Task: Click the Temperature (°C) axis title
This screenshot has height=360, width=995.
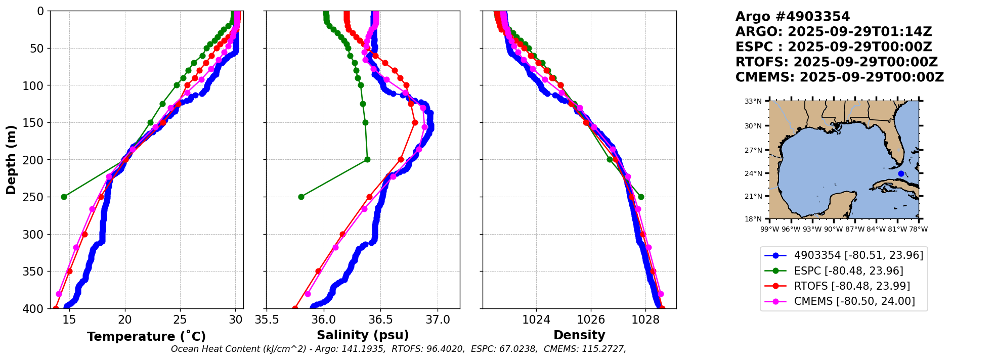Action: click(146, 337)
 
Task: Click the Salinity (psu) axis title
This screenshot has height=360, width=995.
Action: click(363, 335)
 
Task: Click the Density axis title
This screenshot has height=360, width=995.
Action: click(579, 335)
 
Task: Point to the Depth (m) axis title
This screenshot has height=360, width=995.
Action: click(11, 160)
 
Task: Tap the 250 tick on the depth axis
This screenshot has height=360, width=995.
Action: click(37, 197)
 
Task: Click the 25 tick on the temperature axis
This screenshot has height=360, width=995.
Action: click(180, 320)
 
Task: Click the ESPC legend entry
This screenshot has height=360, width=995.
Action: click(848, 271)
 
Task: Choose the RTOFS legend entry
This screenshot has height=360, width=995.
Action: click(852, 286)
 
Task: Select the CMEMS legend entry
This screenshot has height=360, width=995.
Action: click(854, 301)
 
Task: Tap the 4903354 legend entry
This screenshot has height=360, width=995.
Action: click(858, 255)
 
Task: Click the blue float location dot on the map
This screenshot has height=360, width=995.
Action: click(901, 173)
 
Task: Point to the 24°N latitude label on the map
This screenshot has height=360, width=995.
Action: click(753, 173)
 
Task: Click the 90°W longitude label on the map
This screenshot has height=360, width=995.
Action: click(834, 229)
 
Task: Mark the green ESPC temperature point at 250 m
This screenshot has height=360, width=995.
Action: click(64, 197)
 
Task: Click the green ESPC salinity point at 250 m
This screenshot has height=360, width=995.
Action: click(301, 197)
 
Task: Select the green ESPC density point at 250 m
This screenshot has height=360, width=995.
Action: click(641, 197)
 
